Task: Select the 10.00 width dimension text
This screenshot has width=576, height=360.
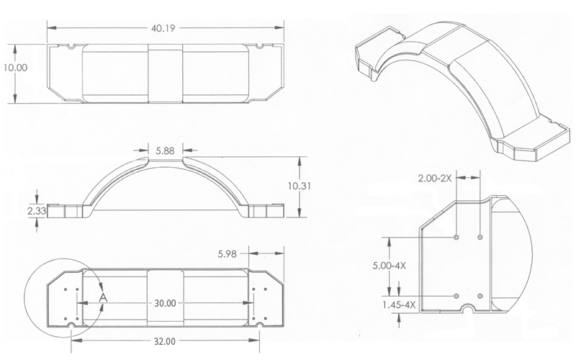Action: click(14, 67)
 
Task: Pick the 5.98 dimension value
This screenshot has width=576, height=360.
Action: click(230, 253)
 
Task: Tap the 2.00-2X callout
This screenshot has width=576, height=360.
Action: click(433, 176)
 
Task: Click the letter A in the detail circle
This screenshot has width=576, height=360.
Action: click(103, 295)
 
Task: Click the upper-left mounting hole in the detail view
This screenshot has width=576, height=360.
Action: click(458, 237)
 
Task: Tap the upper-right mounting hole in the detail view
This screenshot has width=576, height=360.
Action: click(480, 237)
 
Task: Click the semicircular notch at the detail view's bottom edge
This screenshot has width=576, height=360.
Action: click(469, 310)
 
